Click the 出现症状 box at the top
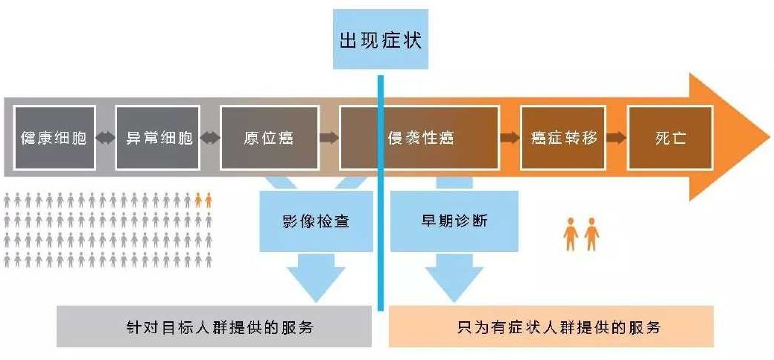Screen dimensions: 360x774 pyautogui.click(x=380, y=40)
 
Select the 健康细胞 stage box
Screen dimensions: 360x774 pyautogui.click(x=54, y=138)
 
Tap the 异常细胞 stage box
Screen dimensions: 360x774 pyautogui.click(x=158, y=138)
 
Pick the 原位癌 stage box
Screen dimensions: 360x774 pyautogui.click(x=269, y=138)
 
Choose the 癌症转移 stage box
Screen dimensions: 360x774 pyautogui.click(x=564, y=138)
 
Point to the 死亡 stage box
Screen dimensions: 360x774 pyautogui.click(x=670, y=138)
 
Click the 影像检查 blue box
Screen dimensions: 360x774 pyautogui.click(x=316, y=221)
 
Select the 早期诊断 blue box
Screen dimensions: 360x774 pyautogui.click(x=454, y=221)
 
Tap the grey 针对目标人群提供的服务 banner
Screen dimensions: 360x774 pyautogui.click(x=214, y=326)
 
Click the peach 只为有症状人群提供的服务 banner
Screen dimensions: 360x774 pyautogui.click(x=551, y=326)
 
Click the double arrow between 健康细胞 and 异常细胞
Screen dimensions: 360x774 pyautogui.click(x=106, y=138)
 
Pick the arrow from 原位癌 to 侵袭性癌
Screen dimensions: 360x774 pyautogui.click(x=329, y=138)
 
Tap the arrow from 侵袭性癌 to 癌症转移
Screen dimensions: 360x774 pyautogui.click(x=510, y=138)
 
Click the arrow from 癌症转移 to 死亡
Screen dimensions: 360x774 pyautogui.click(x=616, y=138)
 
